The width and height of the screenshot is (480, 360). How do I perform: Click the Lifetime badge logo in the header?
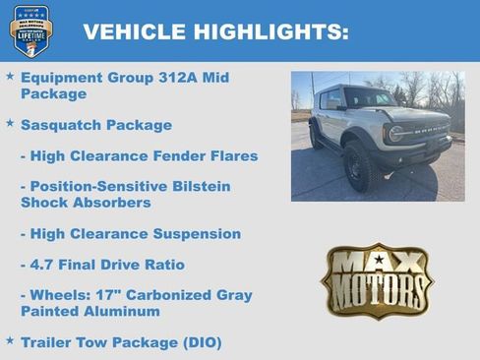coord(31,30)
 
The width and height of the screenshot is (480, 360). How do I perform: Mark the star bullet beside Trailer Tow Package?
coord(10,340)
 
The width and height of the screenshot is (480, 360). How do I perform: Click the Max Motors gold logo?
coord(377,279)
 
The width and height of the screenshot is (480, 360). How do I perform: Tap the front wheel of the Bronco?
coord(357,166)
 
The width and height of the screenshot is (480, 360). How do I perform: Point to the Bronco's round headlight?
coord(394,134)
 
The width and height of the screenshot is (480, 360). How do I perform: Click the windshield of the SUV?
coord(369,99)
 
